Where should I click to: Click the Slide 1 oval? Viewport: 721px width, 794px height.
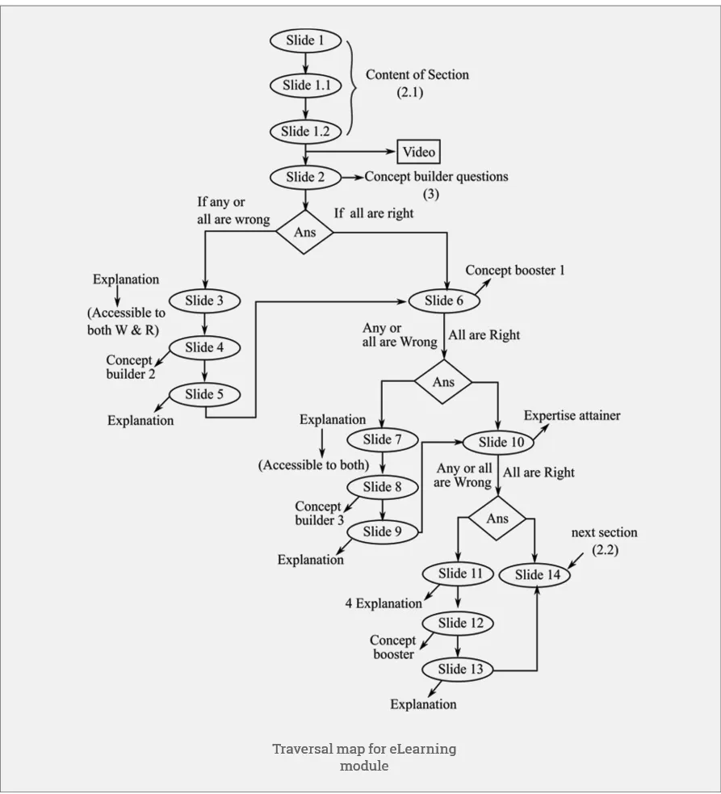pos(305,40)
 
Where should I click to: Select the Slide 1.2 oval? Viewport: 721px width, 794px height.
pos(305,131)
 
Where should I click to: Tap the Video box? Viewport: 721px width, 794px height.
pos(418,152)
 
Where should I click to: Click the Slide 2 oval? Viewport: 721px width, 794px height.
pos(305,177)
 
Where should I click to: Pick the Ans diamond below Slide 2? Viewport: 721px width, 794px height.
pos(304,233)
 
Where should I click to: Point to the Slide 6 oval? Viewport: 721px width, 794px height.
pos(444,300)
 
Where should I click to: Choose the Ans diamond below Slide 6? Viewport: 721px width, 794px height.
pos(443,382)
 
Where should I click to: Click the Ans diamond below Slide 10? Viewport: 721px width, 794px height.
pos(497,519)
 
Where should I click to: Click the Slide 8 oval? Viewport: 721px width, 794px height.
pos(383,487)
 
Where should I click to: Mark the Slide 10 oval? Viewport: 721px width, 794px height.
pos(501,442)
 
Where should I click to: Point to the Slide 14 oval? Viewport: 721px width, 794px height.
pos(537,575)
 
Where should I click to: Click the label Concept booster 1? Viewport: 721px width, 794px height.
pos(515,271)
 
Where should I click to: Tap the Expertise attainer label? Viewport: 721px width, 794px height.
pos(572,416)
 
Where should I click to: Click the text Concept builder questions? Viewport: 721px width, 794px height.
pos(436,176)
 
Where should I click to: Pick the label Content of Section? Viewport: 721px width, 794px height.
pos(417,74)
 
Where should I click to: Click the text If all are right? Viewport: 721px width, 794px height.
pos(374,213)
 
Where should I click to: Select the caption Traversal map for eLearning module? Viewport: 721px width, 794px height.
pos(363,757)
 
